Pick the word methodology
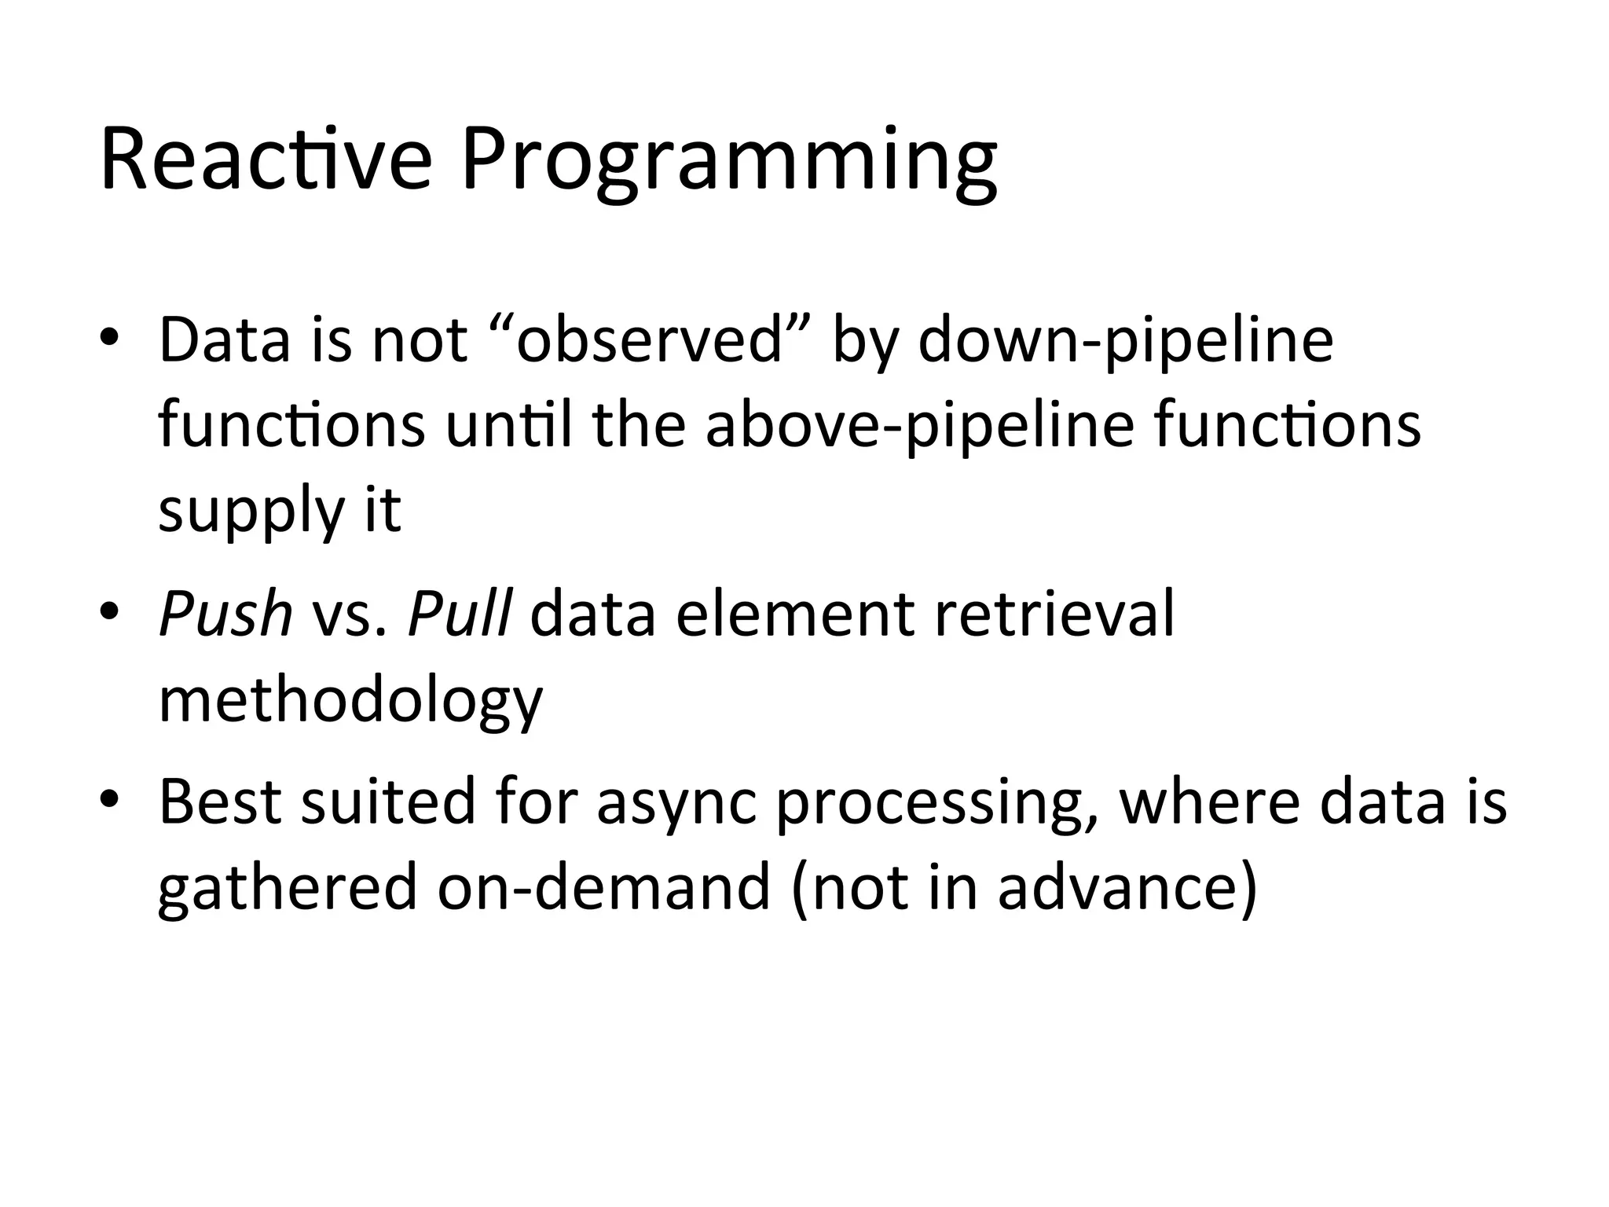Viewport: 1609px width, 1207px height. click(x=350, y=702)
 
